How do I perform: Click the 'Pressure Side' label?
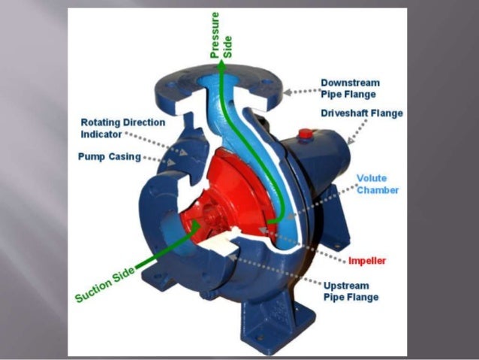(x=221, y=35)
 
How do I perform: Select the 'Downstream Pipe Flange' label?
(x=349, y=88)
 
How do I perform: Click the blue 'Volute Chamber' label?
(x=377, y=184)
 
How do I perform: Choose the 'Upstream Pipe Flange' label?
(x=351, y=292)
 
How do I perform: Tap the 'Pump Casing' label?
(x=108, y=157)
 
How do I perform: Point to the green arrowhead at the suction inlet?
(x=196, y=222)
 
